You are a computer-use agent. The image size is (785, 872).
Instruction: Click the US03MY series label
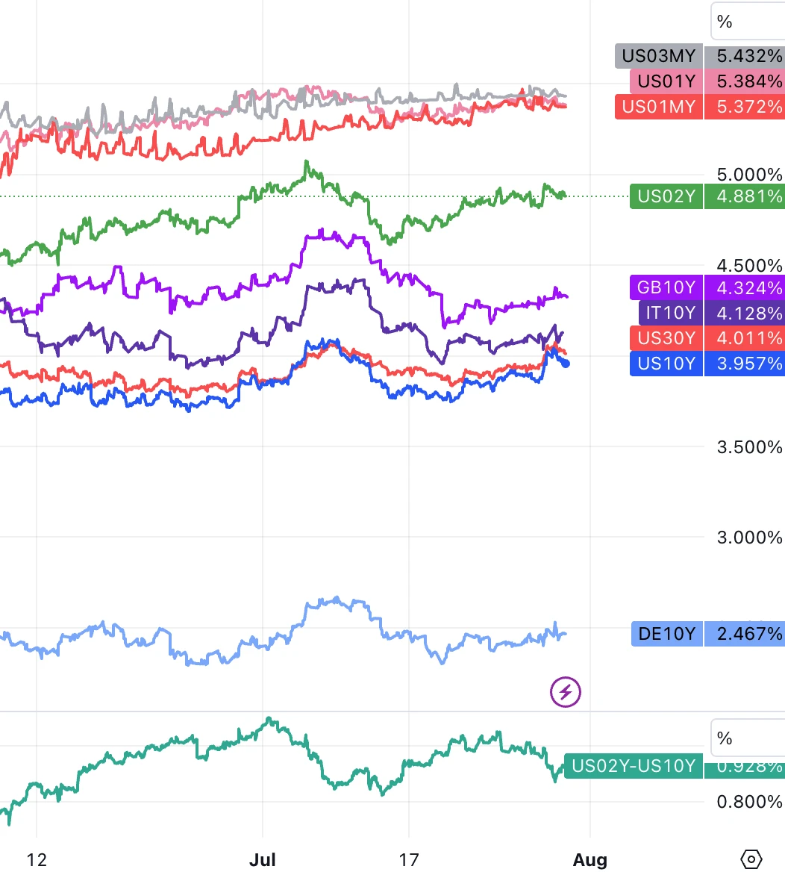click(x=658, y=56)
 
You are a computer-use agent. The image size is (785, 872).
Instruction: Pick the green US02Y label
click(x=666, y=197)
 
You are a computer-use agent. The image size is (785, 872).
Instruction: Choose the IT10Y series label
click(x=670, y=313)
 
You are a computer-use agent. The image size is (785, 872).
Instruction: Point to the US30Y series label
click(x=666, y=338)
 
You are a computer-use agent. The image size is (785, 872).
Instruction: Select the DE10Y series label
click(x=666, y=635)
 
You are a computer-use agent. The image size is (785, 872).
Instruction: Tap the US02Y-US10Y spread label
click(x=633, y=766)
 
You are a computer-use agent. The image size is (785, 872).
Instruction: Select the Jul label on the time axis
click(x=263, y=860)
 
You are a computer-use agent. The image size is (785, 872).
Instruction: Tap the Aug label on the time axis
click(x=590, y=860)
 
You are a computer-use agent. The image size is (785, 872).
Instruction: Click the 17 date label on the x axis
click(x=408, y=860)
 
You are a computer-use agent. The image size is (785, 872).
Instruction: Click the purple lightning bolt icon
click(x=566, y=692)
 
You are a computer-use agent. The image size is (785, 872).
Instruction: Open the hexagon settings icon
click(x=752, y=859)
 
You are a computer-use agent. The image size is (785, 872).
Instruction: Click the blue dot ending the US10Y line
click(x=566, y=364)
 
